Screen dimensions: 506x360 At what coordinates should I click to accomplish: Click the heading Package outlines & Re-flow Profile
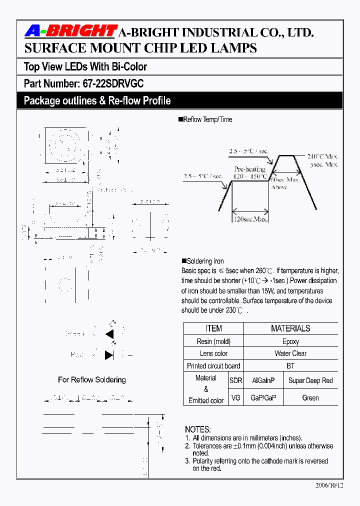[97, 101]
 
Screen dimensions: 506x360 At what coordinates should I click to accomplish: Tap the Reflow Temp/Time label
[207, 120]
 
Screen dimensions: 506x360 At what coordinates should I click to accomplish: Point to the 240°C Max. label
[322, 155]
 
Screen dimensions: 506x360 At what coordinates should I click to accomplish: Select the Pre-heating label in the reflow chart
[250, 169]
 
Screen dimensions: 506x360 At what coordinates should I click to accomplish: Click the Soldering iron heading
[205, 261]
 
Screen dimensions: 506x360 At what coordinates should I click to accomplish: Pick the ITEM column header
[213, 328]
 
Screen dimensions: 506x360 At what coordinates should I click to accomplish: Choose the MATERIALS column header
[290, 328]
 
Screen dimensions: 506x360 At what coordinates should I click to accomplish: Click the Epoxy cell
[290, 341]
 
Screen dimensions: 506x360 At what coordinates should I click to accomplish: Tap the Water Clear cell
[290, 353]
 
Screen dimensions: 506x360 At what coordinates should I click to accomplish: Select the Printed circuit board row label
[213, 366]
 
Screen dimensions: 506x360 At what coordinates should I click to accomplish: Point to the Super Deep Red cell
[310, 380]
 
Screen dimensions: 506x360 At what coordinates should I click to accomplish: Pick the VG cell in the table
[235, 398]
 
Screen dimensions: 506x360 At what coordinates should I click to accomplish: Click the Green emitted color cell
[310, 398]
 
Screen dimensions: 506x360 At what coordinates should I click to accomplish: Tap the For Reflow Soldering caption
[92, 380]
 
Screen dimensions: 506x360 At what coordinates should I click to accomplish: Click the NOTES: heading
[198, 429]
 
